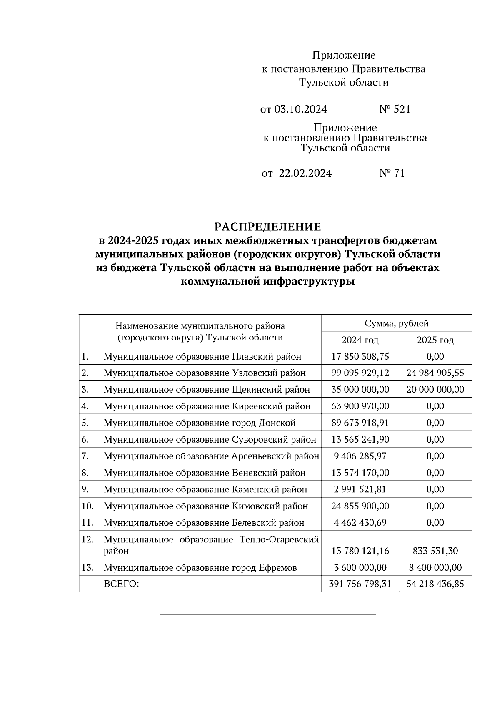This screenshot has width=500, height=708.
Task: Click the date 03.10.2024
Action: pyautogui.click(x=301, y=109)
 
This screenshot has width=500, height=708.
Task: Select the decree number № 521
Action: pyautogui.click(x=395, y=109)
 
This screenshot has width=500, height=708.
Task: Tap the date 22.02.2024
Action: pyautogui.click(x=305, y=173)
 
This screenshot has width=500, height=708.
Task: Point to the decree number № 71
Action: pyautogui.click(x=392, y=173)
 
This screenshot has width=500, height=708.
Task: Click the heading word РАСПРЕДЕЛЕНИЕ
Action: pyautogui.click(x=268, y=227)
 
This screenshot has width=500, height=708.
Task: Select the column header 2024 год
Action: pyautogui.click(x=360, y=340)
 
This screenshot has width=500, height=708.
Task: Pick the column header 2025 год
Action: pyautogui.click(x=435, y=340)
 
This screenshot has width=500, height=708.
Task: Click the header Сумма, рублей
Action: pyautogui.click(x=396, y=323)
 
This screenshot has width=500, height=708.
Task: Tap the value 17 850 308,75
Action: pyautogui.click(x=360, y=356)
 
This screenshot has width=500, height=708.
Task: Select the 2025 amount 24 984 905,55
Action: pyautogui.click(x=435, y=373)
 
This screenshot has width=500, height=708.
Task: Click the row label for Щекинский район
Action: pyautogui.click(x=207, y=389)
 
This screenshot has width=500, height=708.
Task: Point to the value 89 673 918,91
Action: pyautogui.click(x=360, y=423)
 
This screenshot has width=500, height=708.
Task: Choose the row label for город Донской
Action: pyautogui.click(x=200, y=423)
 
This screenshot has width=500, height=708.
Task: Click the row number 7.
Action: pyautogui.click(x=85, y=456)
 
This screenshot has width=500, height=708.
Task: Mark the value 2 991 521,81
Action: pyautogui.click(x=360, y=489)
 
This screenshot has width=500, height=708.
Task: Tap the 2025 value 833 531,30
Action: pyautogui.click(x=435, y=551)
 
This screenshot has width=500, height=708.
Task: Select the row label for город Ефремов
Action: pyautogui.click(x=200, y=567)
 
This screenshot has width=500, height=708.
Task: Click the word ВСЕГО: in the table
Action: pyautogui.click(x=121, y=584)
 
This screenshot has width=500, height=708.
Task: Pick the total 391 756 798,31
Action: pyautogui.click(x=360, y=584)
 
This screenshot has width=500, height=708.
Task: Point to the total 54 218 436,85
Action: pyautogui.click(x=435, y=584)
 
